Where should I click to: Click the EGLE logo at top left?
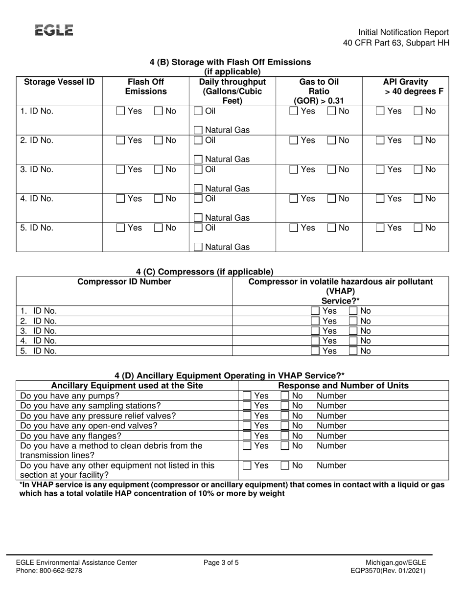click(54, 30)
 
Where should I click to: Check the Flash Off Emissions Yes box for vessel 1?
click(121, 112)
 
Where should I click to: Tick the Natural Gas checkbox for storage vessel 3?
click(198, 189)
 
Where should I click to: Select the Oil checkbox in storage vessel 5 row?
click(198, 228)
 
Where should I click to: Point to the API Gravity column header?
click(405, 86)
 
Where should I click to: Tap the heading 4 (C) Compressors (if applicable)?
click(205, 272)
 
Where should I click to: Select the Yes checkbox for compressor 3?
click(317, 331)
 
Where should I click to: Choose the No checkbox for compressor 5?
click(353, 351)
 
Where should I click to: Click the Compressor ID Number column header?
click(125, 282)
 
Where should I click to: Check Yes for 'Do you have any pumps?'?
click(248, 395)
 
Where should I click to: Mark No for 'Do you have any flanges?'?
click(285, 436)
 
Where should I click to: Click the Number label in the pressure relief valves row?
click(331, 416)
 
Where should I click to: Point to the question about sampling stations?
click(91, 406)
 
